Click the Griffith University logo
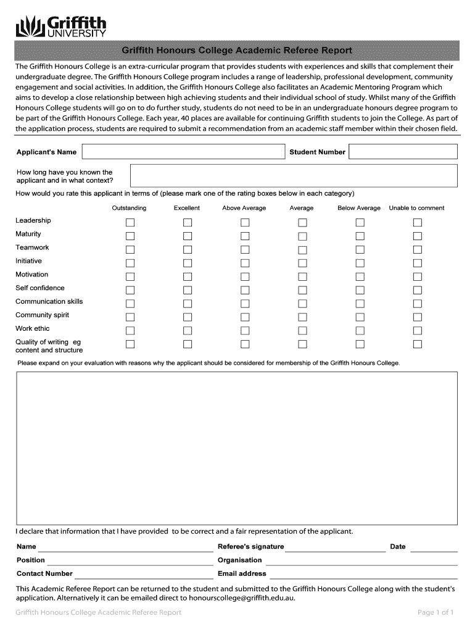[x=61, y=27]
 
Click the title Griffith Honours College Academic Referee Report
[x=236, y=50]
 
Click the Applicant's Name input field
[x=183, y=152]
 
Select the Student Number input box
[x=403, y=152]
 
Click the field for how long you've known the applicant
[x=294, y=176]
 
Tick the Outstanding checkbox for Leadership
[x=130, y=222]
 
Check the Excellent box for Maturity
[x=188, y=236]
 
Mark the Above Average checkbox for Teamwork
[x=245, y=249]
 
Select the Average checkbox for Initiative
[x=302, y=263]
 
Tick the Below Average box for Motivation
[x=360, y=276]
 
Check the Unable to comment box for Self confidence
[x=418, y=290]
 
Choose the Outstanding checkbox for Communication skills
[x=130, y=304]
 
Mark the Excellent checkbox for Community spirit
[x=188, y=317]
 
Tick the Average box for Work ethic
[x=302, y=331]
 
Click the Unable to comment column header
[x=416, y=208]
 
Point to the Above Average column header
[x=244, y=208]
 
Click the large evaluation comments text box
[x=237, y=447]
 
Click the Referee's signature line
[x=335, y=547]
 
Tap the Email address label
[x=242, y=573]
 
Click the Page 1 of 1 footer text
[x=436, y=612]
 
